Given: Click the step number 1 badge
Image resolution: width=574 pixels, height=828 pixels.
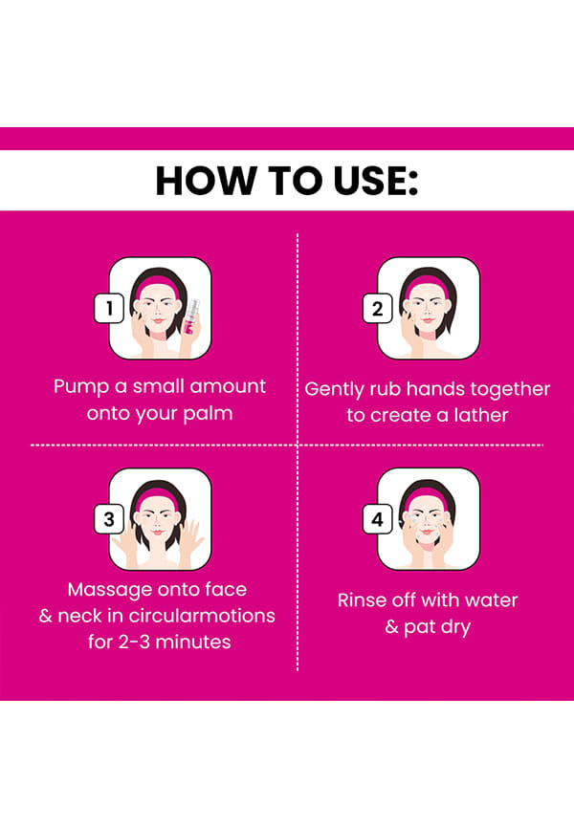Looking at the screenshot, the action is (x=109, y=308).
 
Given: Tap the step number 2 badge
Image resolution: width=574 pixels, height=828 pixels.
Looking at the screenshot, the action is (x=377, y=308).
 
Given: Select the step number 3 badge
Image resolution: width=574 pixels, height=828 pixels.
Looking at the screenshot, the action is (x=109, y=519).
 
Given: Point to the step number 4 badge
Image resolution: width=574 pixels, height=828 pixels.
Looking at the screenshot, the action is (x=377, y=519).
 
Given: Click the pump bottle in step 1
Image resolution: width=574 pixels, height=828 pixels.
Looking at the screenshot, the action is (x=191, y=316).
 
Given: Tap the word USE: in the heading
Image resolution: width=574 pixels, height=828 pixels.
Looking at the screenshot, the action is (x=376, y=181).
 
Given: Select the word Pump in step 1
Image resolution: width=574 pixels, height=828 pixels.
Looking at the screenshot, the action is (x=81, y=387).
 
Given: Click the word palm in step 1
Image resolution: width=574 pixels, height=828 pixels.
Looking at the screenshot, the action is (x=208, y=413).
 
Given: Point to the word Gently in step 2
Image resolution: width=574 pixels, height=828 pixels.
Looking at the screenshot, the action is (x=335, y=390).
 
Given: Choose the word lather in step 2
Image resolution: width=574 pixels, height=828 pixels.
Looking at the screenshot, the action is (x=481, y=415).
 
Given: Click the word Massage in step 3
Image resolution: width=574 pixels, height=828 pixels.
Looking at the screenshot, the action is (x=103, y=590).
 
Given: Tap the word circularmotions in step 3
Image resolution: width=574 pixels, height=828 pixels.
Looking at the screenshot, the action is (x=202, y=616).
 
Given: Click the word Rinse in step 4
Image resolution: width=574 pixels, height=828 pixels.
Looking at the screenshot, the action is (x=357, y=600).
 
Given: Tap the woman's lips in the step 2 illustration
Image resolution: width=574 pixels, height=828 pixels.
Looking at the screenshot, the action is (x=427, y=320).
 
